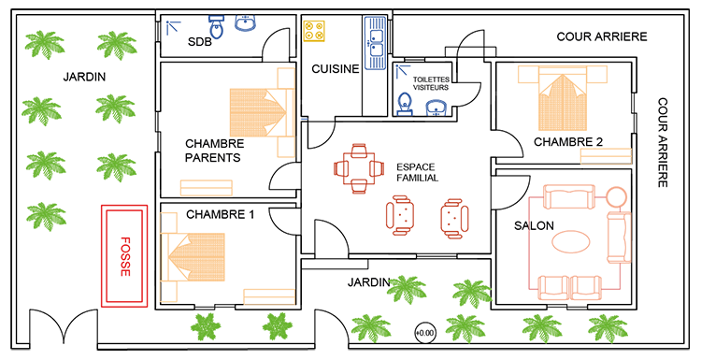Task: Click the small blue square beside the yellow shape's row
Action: (x=174, y=31)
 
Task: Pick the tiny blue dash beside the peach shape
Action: (x=302, y=120)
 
